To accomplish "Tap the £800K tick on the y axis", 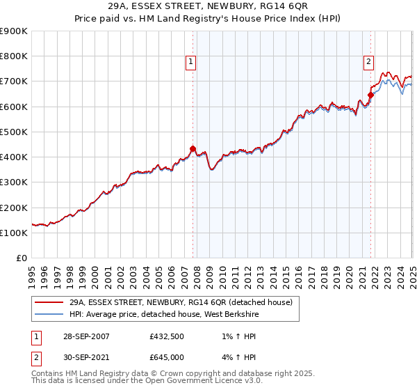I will [14, 56].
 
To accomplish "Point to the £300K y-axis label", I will [14, 182].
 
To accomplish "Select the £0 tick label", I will [22, 258].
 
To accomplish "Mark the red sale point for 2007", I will [193, 148].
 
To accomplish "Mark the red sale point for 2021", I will [370, 95].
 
